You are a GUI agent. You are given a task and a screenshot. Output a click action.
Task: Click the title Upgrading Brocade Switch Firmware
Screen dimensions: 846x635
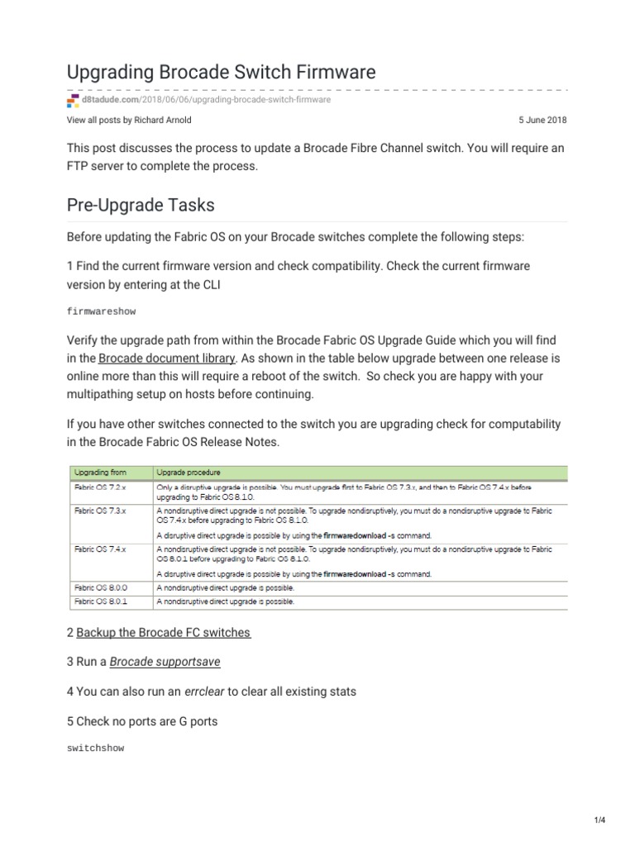pos(221,72)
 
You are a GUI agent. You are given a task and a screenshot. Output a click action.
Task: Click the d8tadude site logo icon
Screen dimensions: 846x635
pos(72,100)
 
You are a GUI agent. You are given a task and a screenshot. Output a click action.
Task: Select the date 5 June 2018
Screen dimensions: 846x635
pos(542,120)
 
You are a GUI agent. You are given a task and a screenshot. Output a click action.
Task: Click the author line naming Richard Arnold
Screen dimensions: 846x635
pos(129,120)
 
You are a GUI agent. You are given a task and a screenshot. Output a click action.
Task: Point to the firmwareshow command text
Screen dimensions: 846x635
pos(101,312)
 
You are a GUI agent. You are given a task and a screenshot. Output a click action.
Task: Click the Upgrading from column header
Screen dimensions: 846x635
pos(99,472)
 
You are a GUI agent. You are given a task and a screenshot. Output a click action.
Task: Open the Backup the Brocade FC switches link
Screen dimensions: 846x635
pos(163,633)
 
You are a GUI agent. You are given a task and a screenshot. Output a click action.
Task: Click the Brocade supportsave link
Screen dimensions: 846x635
pos(165,662)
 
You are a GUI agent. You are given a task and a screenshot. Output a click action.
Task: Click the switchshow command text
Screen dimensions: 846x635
pos(95,748)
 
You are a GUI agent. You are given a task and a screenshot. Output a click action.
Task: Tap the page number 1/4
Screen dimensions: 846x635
pos(599,820)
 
